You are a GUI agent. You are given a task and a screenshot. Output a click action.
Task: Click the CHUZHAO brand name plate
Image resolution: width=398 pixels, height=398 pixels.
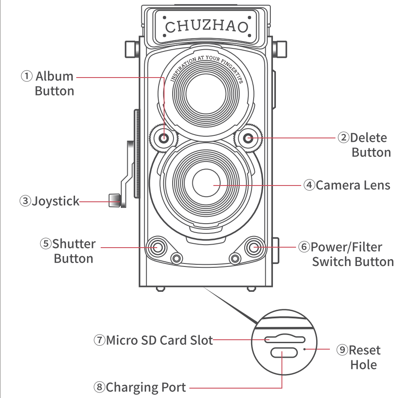[x=206, y=26]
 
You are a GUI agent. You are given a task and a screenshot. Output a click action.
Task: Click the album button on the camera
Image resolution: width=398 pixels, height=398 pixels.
[x=164, y=138]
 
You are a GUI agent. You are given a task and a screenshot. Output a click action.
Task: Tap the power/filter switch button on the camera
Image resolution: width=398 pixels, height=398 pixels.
[x=254, y=247]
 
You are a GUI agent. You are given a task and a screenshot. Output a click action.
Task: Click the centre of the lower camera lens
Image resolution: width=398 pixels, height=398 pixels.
[x=206, y=183]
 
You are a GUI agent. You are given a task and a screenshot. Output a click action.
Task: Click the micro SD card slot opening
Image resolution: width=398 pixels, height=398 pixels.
[x=284, y=339]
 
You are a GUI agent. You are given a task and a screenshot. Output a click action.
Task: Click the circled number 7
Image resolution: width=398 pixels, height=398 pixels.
[x=99, y=340]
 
